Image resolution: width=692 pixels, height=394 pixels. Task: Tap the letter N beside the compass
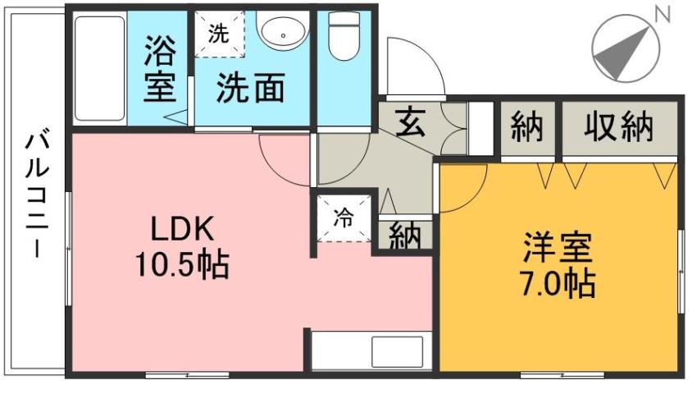coord(662,14)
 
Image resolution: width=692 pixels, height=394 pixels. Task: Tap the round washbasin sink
coord(283,34)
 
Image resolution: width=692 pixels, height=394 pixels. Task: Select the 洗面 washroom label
coord(250,88)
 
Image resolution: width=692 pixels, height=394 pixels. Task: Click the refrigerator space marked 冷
coord(344,219)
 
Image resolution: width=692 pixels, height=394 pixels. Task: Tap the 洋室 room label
coord(559,247)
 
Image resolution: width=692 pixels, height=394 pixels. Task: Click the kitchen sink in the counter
coord(396,351)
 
